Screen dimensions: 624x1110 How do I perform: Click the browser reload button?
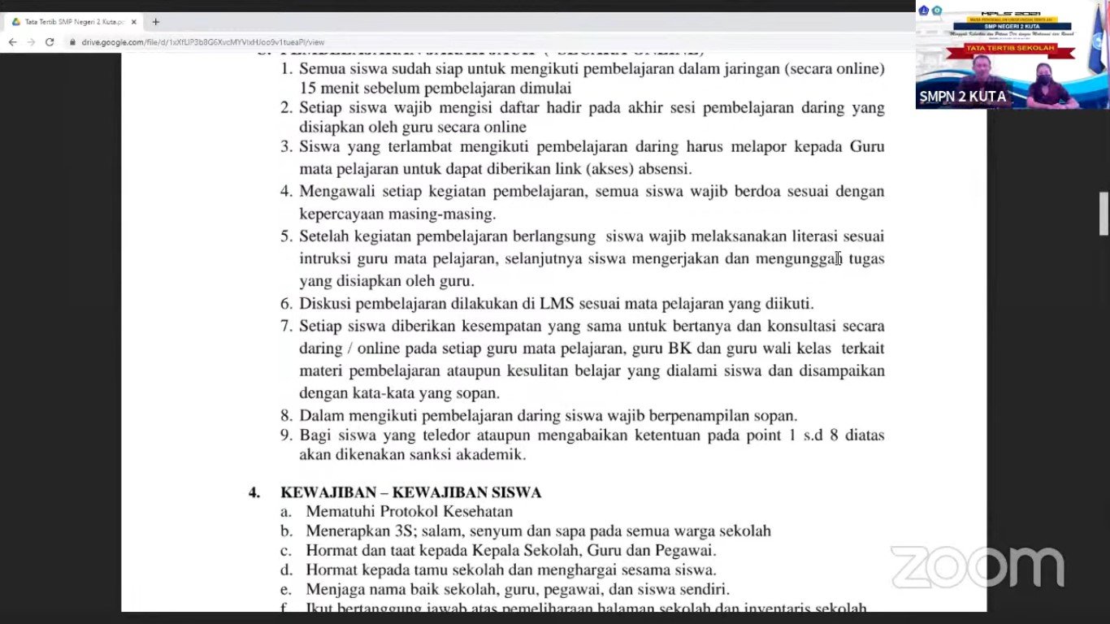[x=49, y=42]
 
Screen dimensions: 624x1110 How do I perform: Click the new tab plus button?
[x=156, y=22]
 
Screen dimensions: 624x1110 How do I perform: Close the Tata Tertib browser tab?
[x=134, y=22]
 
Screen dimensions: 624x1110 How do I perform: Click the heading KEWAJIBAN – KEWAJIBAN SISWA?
[x=410, y=492]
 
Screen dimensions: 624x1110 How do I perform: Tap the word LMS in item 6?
[x=557, y=304]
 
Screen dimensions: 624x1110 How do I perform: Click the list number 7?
[x=286, y=327]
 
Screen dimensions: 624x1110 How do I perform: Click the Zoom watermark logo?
[x=978, y=566]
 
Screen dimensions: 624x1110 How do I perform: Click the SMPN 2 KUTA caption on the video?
[x=962, y=97]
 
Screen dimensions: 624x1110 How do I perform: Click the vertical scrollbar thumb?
[x=1103, y=214]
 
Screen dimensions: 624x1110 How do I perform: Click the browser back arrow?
[x=12, y=42]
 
